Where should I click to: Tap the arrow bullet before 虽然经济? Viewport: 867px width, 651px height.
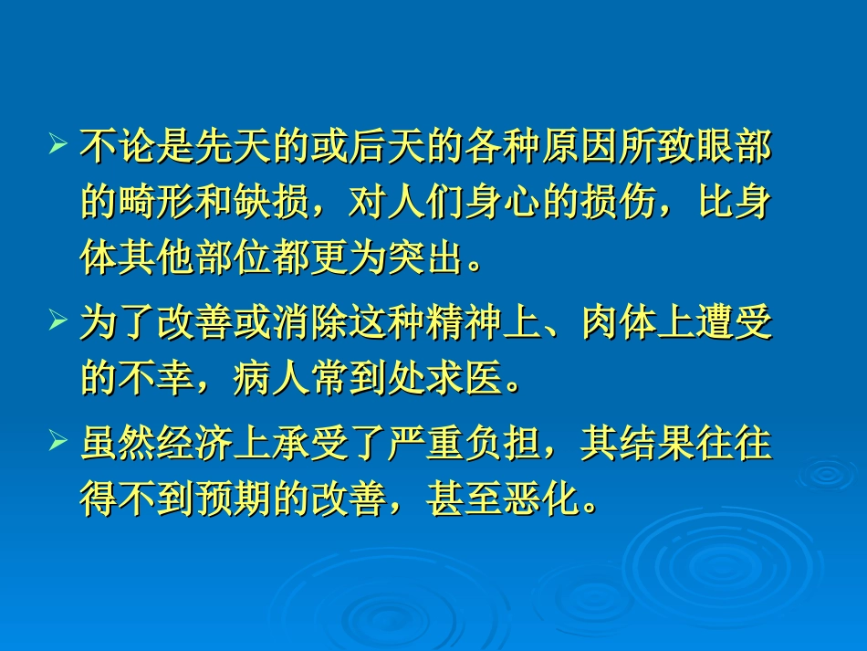tap(59, 444)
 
